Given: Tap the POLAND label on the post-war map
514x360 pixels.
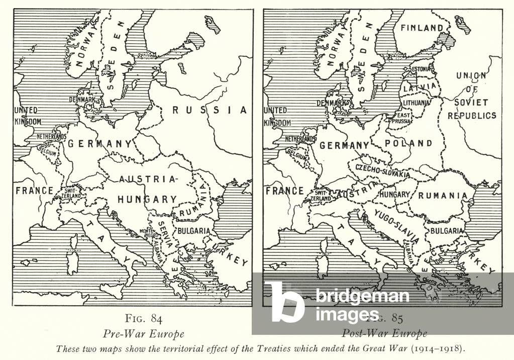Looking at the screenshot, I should (408, 143).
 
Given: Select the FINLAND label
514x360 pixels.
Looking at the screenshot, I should (422, 28).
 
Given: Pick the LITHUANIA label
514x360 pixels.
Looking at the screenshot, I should (416, 103).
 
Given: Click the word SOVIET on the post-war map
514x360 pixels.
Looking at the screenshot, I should (472, 102).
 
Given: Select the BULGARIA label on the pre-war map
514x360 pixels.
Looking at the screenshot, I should (192, 231).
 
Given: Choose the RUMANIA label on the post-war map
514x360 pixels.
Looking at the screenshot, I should (443, 196).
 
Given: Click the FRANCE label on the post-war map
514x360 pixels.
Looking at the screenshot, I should (284, 191).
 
